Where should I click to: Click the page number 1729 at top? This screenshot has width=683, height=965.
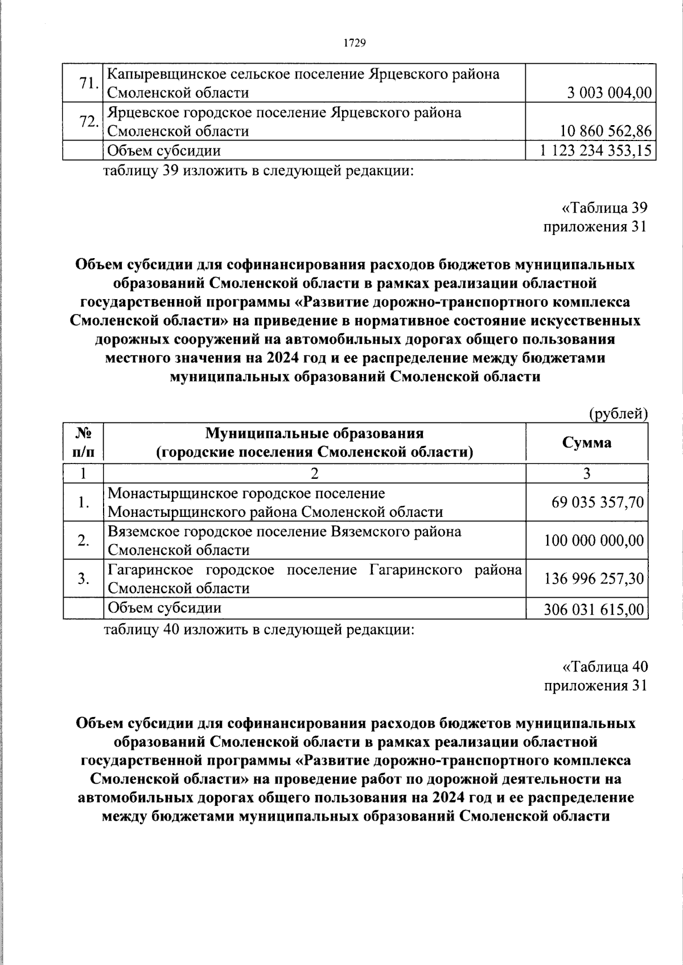(x=354, y=43)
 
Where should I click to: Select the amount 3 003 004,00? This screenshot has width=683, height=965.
(x=608, y=93)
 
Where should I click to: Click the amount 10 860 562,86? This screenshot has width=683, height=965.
(x=606, y=131)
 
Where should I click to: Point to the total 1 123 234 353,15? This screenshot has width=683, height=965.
(x=595, y=151)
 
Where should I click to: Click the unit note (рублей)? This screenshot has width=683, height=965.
(x=618, y=413)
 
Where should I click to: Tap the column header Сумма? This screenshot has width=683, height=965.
(x=587, y=442)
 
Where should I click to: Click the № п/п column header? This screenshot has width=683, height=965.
(x=84, y=442)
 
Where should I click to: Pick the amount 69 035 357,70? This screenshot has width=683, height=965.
(x=598, y=502)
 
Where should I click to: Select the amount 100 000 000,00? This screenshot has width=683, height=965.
(x=594, y=540)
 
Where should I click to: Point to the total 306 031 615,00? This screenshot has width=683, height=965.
(x=594, y=610)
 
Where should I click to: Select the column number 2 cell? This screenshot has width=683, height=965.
(x=314, y=474)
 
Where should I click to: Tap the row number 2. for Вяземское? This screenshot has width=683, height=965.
(x=84, y=540)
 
